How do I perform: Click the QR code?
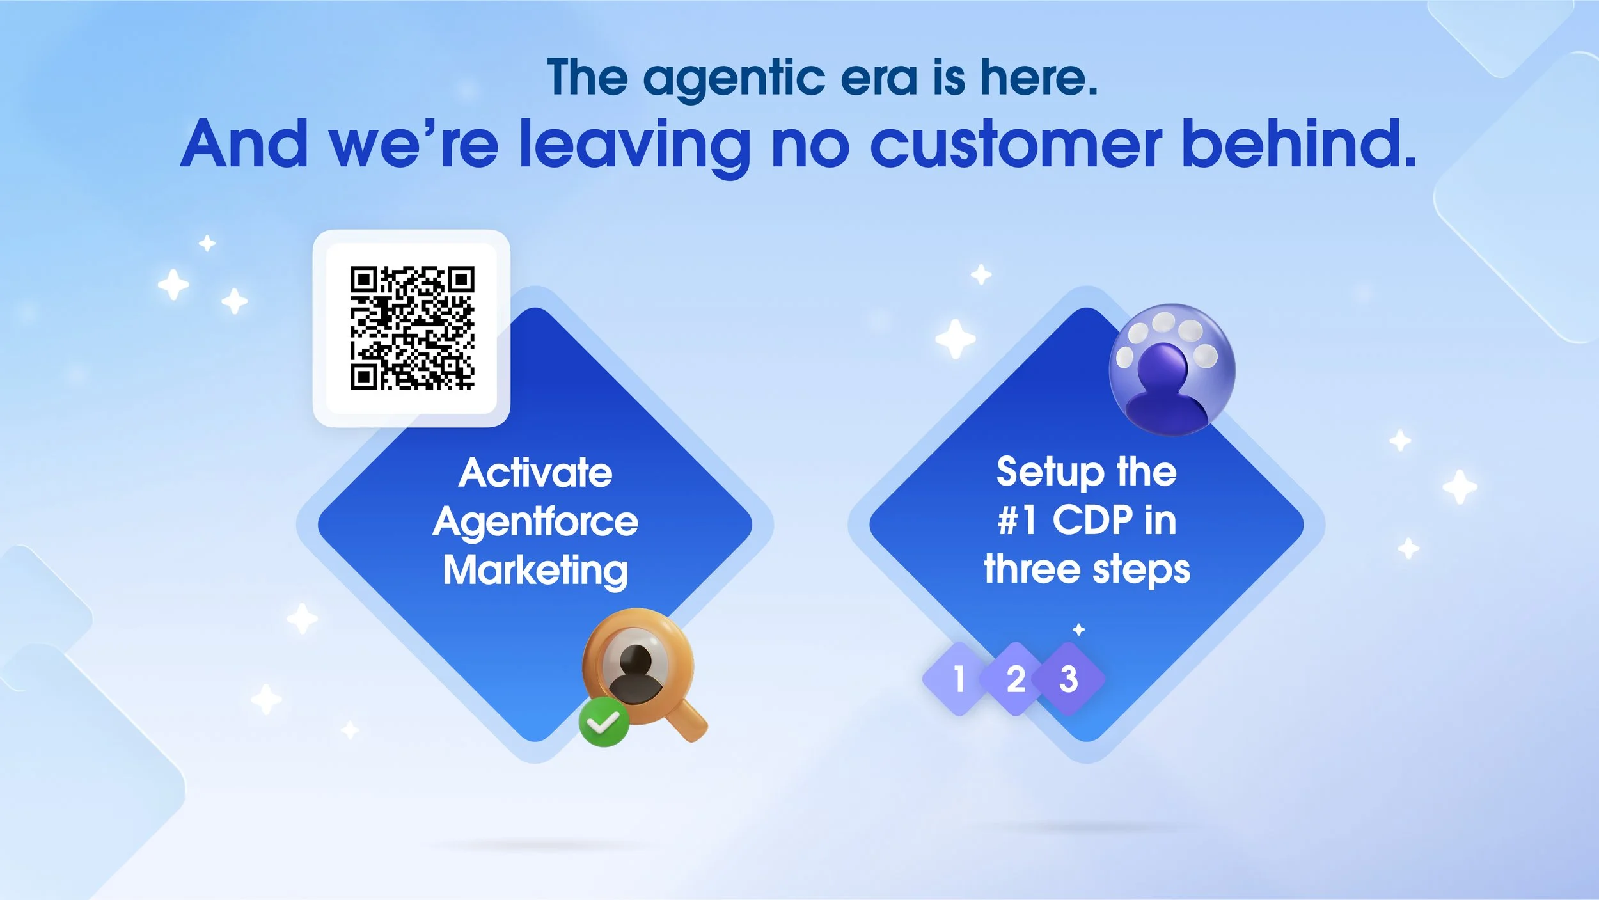(412, 328)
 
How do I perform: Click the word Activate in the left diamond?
(535, 473)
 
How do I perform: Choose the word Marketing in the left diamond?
(535, 571)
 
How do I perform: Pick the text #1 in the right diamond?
(1017, 520)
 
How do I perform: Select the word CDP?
(1092, 520)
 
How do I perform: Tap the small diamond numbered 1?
(958, 679)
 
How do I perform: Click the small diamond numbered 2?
(1015, 679)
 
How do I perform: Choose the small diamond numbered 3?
(1069, 679)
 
